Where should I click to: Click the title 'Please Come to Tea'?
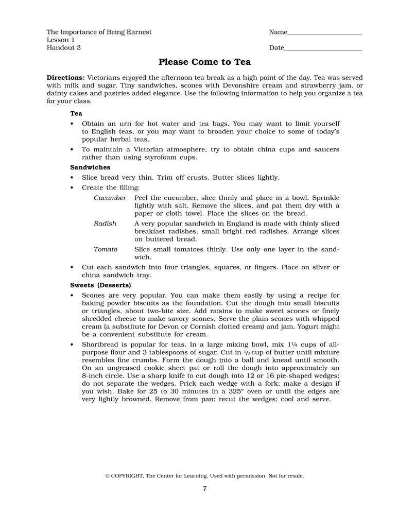tap(204, 62)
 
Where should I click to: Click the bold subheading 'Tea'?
tap(76, 113)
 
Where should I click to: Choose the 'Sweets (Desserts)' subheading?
tap(100, 285)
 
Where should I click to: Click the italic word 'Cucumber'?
tap(110, 198)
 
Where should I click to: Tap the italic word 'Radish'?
tap(105, 224)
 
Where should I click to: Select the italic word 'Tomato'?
tap(106, 249)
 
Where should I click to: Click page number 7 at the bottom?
tap(204, 489)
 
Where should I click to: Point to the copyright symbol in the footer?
tap(108, 476)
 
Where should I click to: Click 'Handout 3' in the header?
tap(63, 48)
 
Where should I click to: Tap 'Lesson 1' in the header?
tap(61, 40)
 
